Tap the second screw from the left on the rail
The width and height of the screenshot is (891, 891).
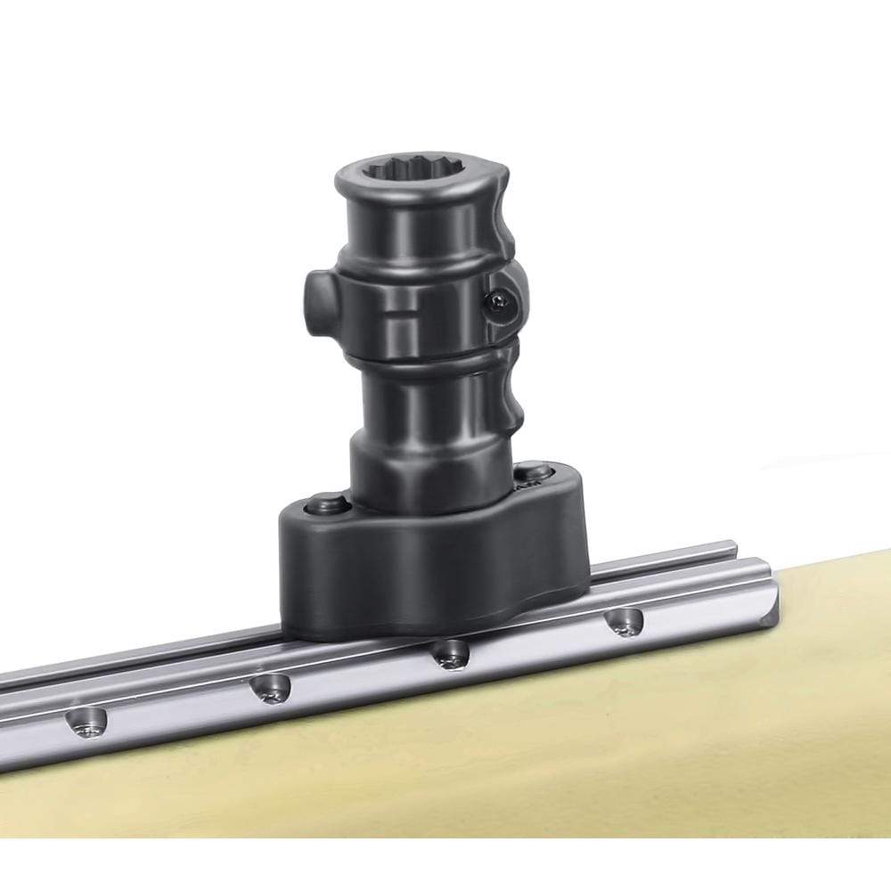[270, 688]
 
